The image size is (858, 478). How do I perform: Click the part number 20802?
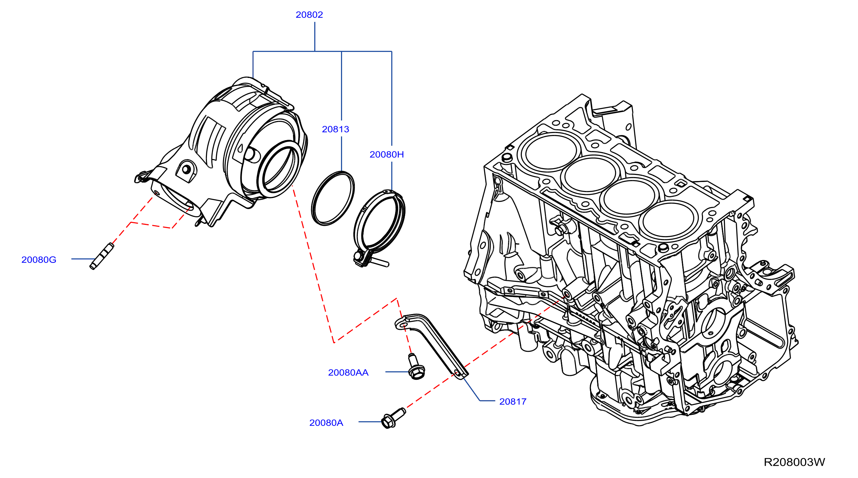pyautogui.click(x=309, y=14)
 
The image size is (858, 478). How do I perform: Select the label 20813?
pyautogui.click(x=336, y=129)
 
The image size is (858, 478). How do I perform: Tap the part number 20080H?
pyautogui.click(x=387, y=155)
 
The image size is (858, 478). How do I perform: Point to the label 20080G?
pyautogui.click(x=39, y=260)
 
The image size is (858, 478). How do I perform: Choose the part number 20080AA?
pyautogui.click(x=348, y=372)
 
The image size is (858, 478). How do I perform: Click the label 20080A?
pyautogui.click(x=326, y=423)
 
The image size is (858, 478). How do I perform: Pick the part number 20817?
pyautogui.click(x=512, y=401)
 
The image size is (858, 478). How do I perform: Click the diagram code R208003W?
pyautogui.click(x=794, y=462)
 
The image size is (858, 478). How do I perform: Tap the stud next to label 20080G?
pyautogui.click(x=102, y=256)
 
